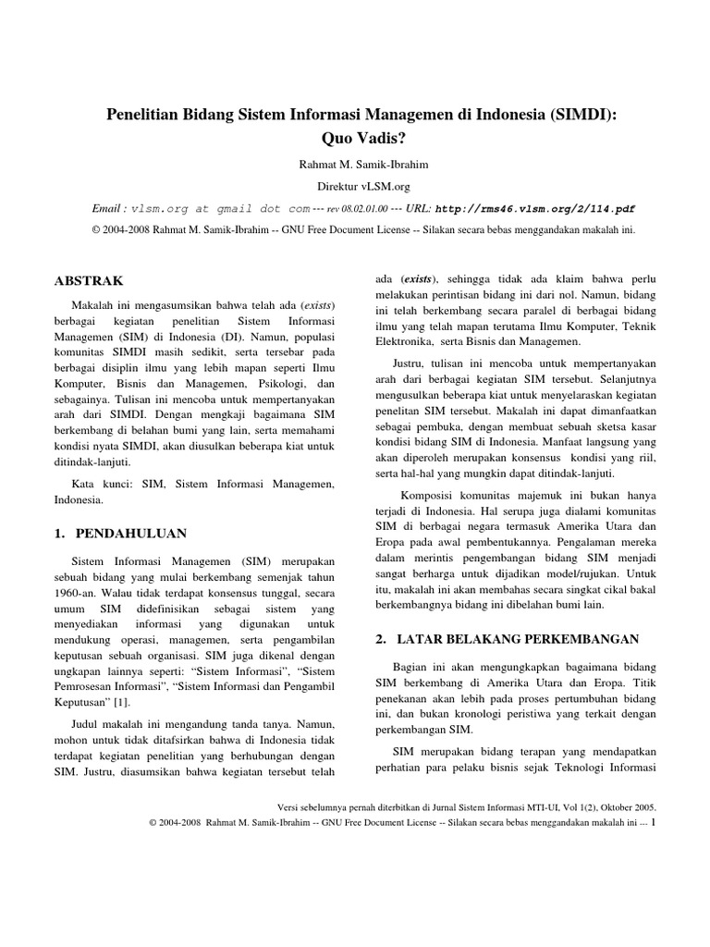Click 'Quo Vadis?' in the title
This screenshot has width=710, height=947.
[355, 138]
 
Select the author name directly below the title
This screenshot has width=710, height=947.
[355, 165]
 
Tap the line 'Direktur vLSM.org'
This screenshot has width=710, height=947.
[355, 186]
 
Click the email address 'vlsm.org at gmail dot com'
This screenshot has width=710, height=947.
[219, 209]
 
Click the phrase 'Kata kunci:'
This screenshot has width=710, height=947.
[99, 484]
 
